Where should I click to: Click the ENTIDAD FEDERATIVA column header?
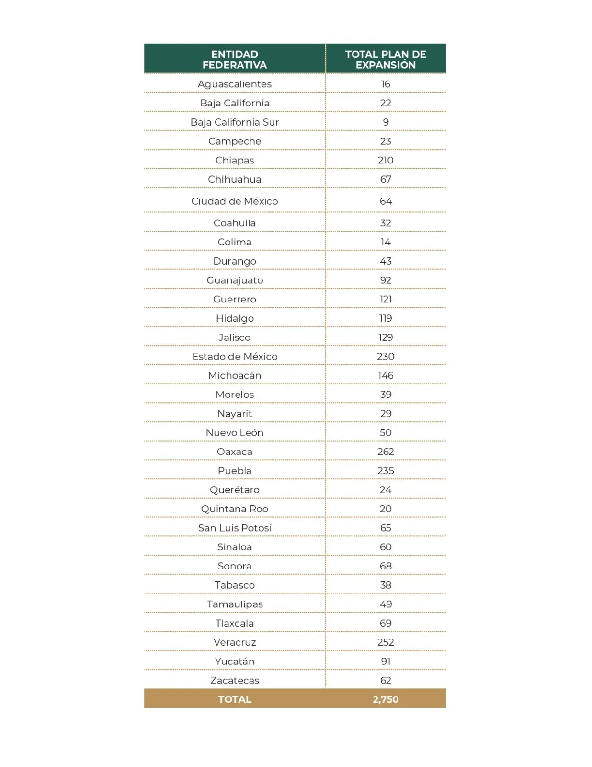tap(234, 59)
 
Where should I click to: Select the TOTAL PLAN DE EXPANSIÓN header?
tap(386, 59)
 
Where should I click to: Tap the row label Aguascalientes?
tap(234, 84)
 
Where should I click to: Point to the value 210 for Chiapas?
tap(386, 160)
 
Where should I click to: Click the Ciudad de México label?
tap(234, 201)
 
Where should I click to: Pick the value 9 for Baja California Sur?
tap(386, 122)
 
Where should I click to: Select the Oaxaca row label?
tap(234, 452)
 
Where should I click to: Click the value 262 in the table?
tap(386, 452)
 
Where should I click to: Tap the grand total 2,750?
tap(386, 699)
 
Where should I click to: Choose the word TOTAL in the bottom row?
tap(234, 699)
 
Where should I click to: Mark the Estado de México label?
tap(234, 356)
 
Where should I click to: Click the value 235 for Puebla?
tap(386, 471)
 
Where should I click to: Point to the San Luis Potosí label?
tap(234, 528)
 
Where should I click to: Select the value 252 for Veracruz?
tap(386, 642)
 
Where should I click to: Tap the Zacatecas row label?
tap(234, 680)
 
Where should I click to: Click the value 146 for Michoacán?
tap(386, 375)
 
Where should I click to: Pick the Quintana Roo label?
tap(234, 509)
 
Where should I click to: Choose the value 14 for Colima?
tap(386, 242)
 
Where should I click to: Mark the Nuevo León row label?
tap(234, 432)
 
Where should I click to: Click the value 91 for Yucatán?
tap(386, 662)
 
